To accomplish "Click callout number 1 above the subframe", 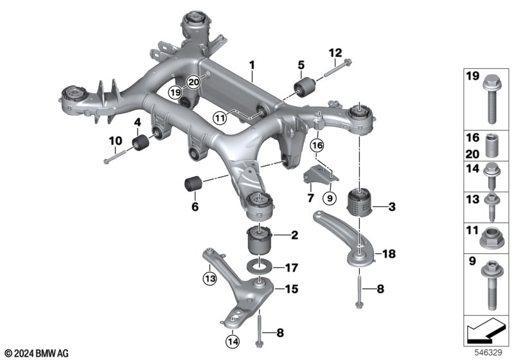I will (253, 65).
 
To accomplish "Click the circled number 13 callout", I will (209, 278).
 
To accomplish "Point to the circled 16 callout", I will (317, 146).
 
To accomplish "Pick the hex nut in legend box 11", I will (490, 237).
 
